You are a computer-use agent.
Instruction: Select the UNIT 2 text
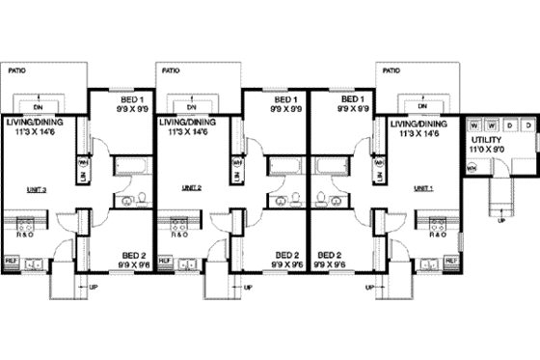point(190,187)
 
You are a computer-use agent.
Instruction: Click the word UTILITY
point(486,140)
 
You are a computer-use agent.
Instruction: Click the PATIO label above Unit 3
point(17,70)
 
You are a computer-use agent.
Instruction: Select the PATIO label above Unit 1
point(392,70)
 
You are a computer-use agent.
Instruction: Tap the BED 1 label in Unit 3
point(132,99)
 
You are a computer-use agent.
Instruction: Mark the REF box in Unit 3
point(12,261)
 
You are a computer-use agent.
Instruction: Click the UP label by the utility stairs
point(500,220)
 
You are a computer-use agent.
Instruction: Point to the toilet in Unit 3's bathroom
point(140,201)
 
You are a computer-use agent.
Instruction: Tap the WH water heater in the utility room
point(472,167)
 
